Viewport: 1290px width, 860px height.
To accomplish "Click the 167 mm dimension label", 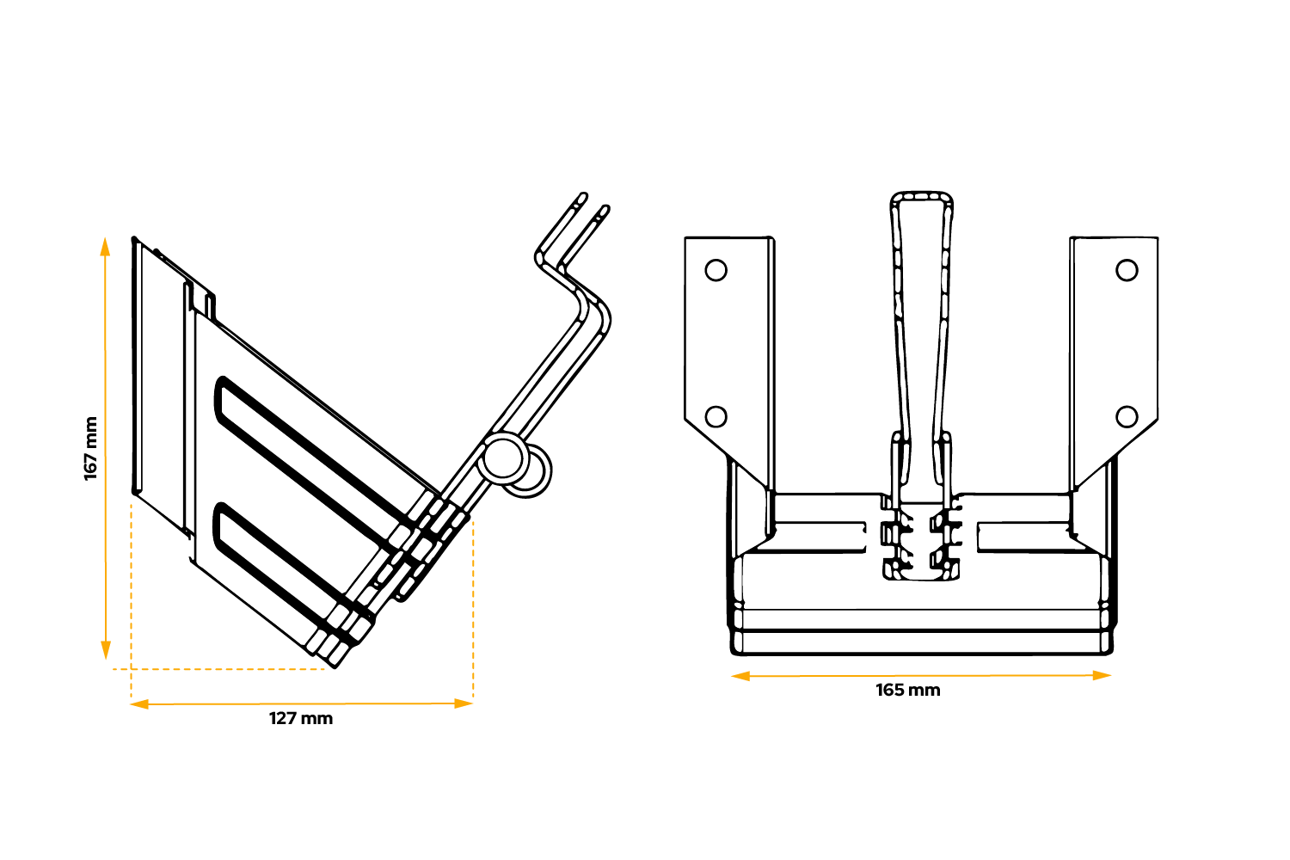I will [90, 449].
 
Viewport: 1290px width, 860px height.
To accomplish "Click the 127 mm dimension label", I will [301, 719].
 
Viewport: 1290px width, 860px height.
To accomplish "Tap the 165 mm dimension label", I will [908, 691].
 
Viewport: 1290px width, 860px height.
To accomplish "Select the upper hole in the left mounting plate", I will [716, 270].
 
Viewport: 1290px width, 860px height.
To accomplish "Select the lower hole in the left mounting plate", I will [716, 417].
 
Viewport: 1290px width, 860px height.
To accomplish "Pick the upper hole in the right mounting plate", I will [1127, 270].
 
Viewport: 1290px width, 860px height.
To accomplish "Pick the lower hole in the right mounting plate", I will [1127, 417].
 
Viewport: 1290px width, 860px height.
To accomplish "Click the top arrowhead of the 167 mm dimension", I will [105, 247].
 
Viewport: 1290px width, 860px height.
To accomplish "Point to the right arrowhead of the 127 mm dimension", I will [464, 703].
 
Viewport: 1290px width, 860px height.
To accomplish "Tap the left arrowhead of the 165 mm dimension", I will [740, 677].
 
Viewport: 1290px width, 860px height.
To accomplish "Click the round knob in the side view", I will [504, 458].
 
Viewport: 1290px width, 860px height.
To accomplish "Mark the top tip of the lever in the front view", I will [921, 198].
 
